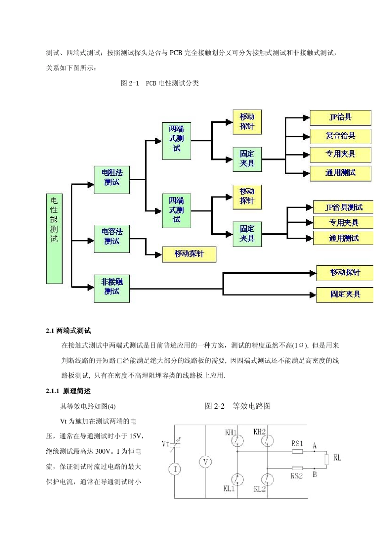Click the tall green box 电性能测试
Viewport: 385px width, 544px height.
[54, 239]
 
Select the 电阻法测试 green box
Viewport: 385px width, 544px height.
[112, 179]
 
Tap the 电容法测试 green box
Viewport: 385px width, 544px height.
[112, 239]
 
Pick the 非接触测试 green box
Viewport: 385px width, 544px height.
[112, 288]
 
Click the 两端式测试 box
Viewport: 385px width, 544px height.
[176, 141]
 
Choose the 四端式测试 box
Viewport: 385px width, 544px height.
[176, 211]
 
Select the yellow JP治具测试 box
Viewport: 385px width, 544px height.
[343, 207]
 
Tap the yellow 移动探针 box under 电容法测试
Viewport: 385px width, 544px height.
[189, 254]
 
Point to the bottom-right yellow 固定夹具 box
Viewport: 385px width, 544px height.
[344, 294]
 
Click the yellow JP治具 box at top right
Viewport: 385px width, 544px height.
[340, 117]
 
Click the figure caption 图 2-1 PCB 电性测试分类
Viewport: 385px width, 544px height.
[160, 83]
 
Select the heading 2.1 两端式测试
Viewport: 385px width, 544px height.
[68, 331]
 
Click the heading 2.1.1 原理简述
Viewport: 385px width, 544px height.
[68, 391]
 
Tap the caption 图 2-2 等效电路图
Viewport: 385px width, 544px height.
[238, 406]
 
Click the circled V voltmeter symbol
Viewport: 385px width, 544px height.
[205, 462]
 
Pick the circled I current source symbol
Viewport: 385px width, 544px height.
[175, 469]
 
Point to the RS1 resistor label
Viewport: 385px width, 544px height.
[297, 444]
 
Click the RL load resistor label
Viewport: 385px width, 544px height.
[337, 458]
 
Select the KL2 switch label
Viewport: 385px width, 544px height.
[259, 489]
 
